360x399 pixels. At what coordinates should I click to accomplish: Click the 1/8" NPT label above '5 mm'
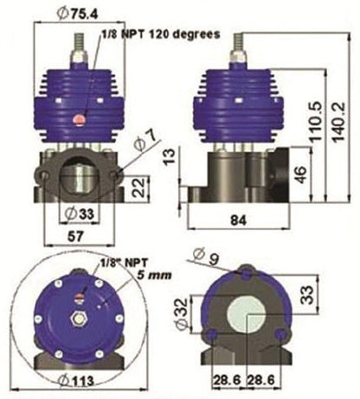115,261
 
